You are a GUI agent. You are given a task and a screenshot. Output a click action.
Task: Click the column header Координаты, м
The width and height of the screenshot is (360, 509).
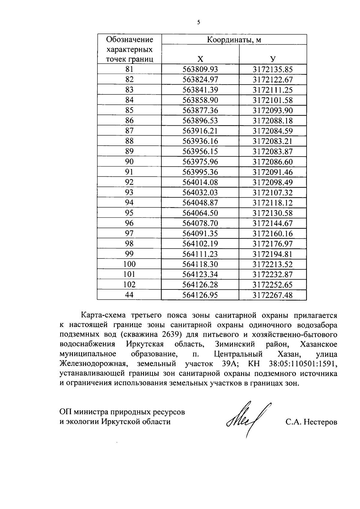pyautogui.click(x=234, y=40)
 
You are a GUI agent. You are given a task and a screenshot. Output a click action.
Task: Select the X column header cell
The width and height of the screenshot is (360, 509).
pyautogui.click(x=200, y=59)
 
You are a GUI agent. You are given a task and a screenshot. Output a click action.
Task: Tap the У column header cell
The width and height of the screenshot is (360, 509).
pyautogui.click(x=272, y=59)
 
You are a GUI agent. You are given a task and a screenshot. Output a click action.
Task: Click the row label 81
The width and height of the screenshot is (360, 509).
pyautogui.click(x=129, y=69)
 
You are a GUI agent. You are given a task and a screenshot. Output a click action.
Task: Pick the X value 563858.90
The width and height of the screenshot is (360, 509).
pyautogui.click(x=200, y=100)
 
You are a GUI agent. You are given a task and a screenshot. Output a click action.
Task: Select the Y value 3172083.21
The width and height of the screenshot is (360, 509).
pyautogui.click(x=272, y=141)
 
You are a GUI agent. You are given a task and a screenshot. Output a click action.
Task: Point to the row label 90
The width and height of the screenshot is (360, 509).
pyautogui.click(x=129, y=162)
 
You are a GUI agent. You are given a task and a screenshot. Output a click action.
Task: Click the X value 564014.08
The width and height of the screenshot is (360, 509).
pyautogui.click(x=200, y=182)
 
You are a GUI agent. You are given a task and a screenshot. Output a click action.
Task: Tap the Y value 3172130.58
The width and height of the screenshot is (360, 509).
pyautogui.click(x=272, y=213)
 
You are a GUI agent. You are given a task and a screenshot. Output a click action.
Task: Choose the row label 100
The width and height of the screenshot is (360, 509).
pyautogui.click(x=129, y=264)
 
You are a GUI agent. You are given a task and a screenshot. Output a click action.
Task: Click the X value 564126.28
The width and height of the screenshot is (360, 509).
pyautogui.click(x=200, y=285)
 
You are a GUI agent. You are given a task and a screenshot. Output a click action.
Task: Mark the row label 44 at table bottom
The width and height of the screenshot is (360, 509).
pyautogui.click(x=129, y=295)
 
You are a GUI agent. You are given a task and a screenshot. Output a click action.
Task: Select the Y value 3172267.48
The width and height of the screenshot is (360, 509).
pyautogui.click(x=272, y=295)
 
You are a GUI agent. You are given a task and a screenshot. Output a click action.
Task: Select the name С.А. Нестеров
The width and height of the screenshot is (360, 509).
pyautogui.click(x=311, y=422)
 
